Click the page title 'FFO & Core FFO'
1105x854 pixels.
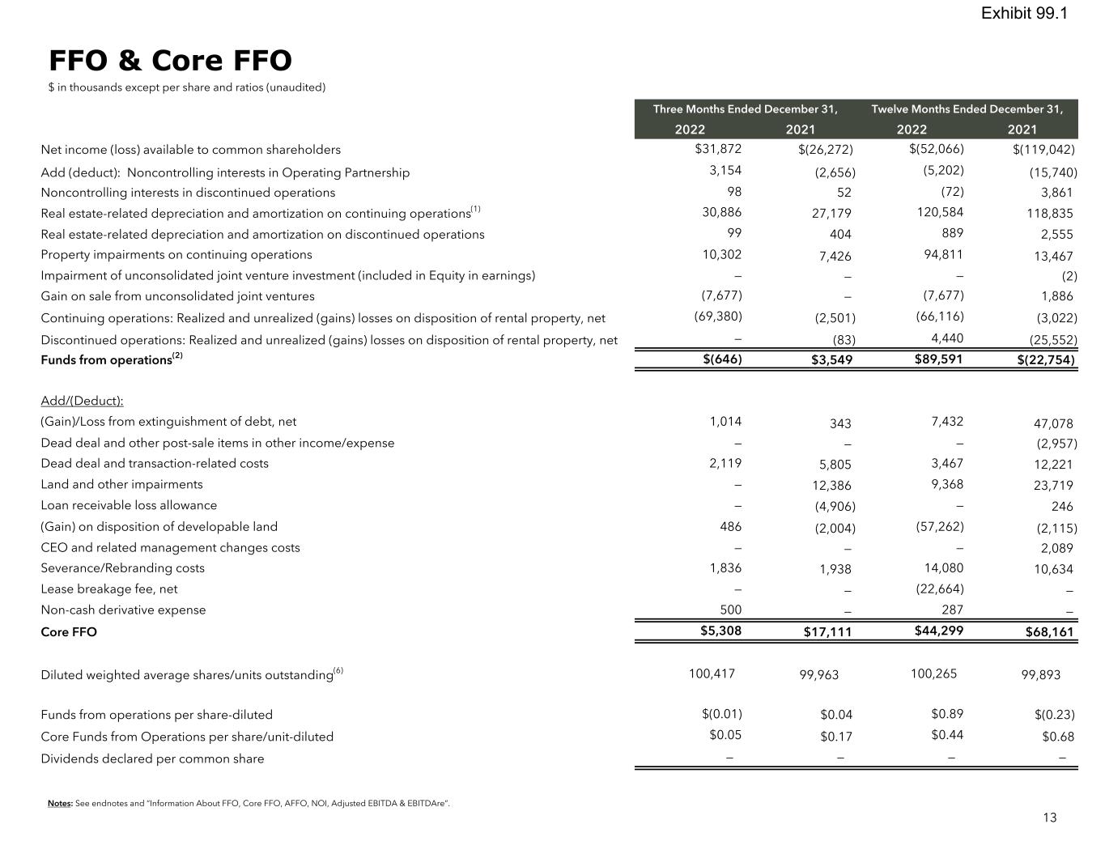[170, 61]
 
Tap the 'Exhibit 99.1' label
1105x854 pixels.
[1024, 13]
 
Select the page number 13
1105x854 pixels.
[1049, 818]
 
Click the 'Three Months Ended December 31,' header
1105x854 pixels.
[745, 108]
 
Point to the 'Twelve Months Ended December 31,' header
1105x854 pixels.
[967, 108]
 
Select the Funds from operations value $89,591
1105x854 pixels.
[938, 359]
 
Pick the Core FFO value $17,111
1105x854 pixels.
[827, 631]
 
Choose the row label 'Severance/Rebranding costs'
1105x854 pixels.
[122, 568]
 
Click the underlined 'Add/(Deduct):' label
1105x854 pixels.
[82, 401]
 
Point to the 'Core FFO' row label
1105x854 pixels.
[69, 631]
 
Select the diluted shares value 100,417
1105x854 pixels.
[712, 673]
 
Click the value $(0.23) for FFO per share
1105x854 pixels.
[1054, 715]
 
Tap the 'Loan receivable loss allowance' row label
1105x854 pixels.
[129, 505]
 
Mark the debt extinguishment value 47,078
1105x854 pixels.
[1053, 423]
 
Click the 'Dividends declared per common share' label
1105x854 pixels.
[152, 758]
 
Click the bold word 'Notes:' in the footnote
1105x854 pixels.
[60, 804]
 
